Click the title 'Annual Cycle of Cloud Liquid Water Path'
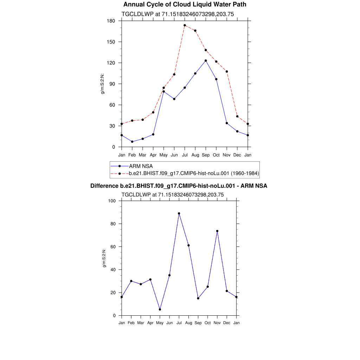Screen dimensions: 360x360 pos(185,5)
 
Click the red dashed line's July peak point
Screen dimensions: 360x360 pos(185,25)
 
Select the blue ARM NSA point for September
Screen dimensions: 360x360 pos(206,60)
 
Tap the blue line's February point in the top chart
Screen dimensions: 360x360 pos(132,142)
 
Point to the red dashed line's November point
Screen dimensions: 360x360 pos(227,71)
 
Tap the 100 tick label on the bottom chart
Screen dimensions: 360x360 pos(112,201)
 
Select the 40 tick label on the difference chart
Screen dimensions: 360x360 pos(114,270)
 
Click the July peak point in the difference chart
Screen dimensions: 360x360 pos(179,213)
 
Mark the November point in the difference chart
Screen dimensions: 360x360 pos(217,231)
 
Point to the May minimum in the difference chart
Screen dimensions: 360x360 pos(160,309)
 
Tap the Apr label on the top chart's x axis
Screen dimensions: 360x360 pos(153,155)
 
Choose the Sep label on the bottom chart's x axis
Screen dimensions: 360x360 pos(198,323)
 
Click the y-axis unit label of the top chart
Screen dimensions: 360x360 pos(103,84)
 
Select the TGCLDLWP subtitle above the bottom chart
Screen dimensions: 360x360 pos(173,194)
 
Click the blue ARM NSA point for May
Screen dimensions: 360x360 pos(163,91)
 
